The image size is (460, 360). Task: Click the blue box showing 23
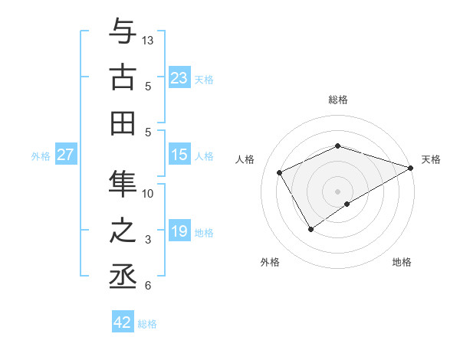pos(179,78)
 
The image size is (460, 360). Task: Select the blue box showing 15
pos(179,155)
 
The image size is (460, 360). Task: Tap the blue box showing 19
pos(179,231)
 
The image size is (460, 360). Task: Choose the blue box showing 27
pos(65,155)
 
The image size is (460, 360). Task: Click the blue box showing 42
pos(123,322)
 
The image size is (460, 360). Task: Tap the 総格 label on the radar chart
pos(337,100)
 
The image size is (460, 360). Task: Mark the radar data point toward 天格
pos(412,169)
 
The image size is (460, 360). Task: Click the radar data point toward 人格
pos(279,172)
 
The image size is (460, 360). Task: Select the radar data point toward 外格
pos(310,228)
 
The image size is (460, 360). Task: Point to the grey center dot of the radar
pos(337,191)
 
